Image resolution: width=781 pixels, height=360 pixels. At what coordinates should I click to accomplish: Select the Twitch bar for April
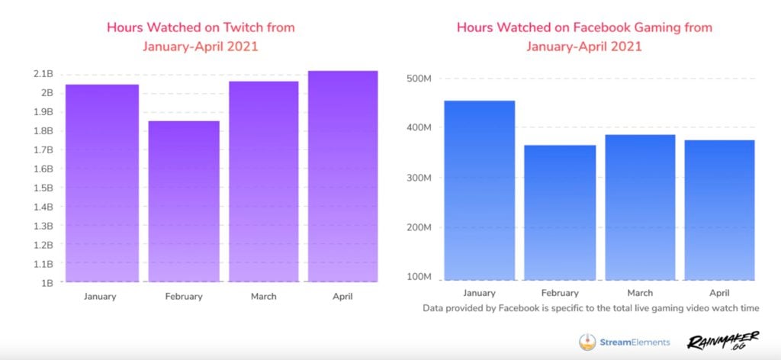pos(343,176)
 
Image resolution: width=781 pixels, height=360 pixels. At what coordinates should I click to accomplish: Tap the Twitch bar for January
pos(101,183)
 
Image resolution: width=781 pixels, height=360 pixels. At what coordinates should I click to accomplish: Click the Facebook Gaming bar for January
pos(480,190)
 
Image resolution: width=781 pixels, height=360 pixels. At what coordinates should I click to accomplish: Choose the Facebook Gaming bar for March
pos(640,207)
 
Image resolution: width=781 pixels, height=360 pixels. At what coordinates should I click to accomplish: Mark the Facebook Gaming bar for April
pos(719,210)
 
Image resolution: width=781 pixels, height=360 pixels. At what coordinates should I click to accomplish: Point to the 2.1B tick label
pos(43,74)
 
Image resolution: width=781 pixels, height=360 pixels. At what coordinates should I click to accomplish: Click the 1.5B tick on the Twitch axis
pos(43,188)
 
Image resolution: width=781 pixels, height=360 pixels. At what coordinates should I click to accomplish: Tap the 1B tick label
pos(47,282)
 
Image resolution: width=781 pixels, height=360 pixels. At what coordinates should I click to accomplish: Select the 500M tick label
pos(419,79)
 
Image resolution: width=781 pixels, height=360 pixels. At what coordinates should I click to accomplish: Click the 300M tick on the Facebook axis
pos(419,178)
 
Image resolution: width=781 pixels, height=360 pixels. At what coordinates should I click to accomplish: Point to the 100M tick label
pos(419,276)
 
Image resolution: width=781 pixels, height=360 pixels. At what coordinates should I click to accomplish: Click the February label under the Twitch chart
pos(184,296)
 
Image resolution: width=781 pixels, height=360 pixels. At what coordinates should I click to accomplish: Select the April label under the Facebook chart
pos(719,293)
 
